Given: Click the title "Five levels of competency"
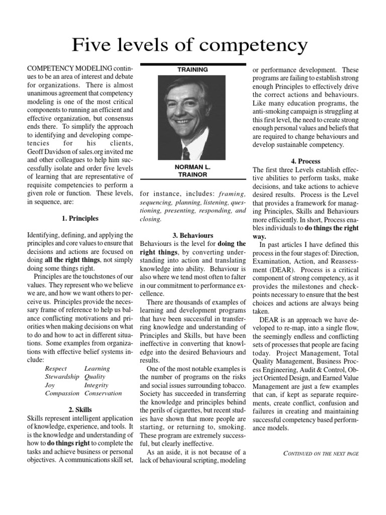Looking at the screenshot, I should point(189,45).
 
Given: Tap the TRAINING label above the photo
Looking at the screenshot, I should point(192,69).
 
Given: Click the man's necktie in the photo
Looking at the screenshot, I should point(186,152).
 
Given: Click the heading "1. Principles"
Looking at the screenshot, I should point(80,219).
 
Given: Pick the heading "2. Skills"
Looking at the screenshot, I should point(80,409).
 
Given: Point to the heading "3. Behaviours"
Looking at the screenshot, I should point(192,235).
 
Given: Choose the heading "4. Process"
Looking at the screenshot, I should point(306,161).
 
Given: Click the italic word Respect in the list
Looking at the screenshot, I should point(56,369).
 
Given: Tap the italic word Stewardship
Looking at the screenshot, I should point(62,377).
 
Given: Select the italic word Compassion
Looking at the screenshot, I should point(62,393).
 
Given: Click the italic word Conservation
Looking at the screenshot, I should point(103,393).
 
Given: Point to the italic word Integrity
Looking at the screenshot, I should point(96,385).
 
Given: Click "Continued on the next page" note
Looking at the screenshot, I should point(321,453).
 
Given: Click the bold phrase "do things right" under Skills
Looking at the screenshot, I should point(68,443).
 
